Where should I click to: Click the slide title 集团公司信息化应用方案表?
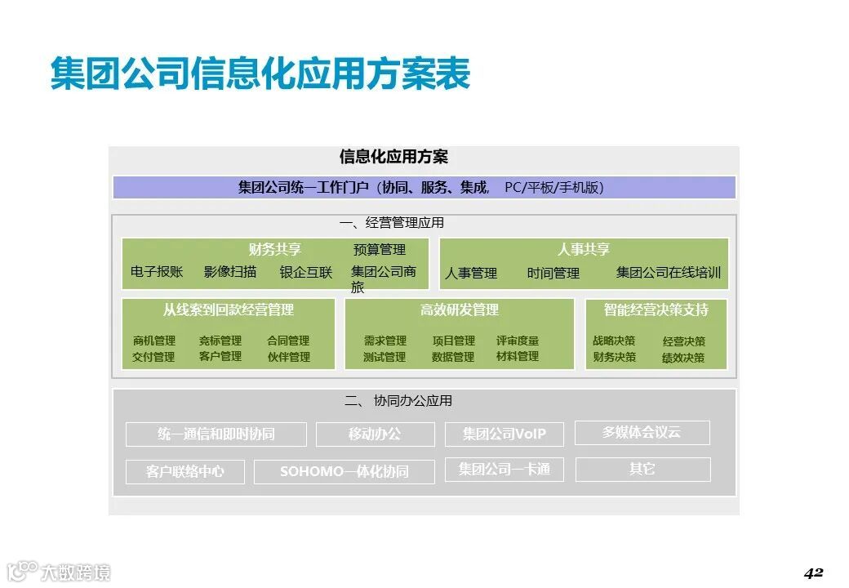pos(260,74)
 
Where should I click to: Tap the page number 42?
pos(813,572)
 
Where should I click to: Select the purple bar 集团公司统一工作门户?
pos(424,188)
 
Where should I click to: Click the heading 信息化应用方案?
pos(393,157)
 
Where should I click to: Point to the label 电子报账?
pos(157,272)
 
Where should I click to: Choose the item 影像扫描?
pos(230,272)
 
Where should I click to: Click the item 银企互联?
pos(306,272)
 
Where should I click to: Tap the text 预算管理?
pos(380,250)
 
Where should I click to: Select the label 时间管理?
pos(553,274)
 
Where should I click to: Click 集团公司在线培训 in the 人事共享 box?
pos(669,273)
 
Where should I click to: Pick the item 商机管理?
pos(154,341)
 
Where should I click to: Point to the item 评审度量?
pos(518,341)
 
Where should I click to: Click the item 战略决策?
pos(614,341)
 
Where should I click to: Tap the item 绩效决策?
pos(683,358)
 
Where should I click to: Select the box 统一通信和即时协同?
pos(216,434)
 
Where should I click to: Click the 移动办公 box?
pos(376,434)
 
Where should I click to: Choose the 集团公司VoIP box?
pos(504,434)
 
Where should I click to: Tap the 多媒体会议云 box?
pos(642,433)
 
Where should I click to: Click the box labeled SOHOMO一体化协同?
pos(344,472)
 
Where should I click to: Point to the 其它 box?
pos(642,470)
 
